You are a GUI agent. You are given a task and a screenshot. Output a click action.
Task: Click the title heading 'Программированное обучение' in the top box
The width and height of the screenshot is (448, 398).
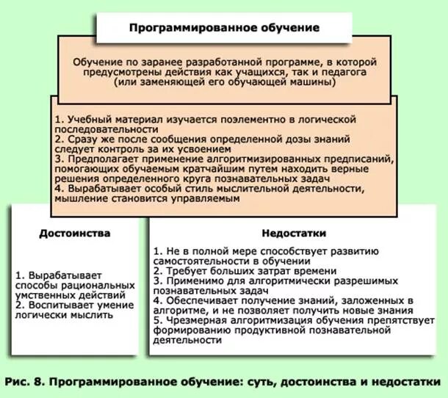tap(225, 28)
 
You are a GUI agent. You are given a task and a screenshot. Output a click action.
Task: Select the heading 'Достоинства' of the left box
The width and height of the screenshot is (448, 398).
tap(75, 233)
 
